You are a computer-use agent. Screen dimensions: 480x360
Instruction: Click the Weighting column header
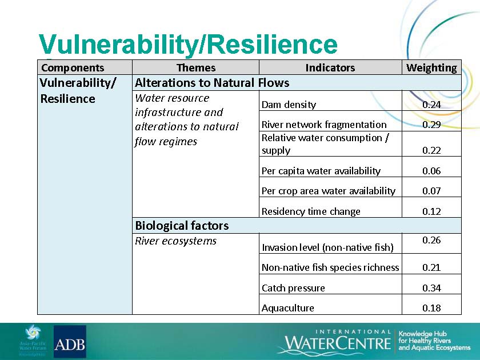(431, 67)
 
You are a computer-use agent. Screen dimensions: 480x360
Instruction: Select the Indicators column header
(330, 67)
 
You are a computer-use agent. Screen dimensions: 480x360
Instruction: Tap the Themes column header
(196, 67)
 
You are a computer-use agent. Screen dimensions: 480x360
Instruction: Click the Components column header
(73, 67)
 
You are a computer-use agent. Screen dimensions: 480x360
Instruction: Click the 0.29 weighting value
(431, 125)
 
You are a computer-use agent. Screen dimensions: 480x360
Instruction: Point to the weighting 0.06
(431, 171)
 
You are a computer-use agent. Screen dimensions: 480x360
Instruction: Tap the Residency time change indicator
(311, 211)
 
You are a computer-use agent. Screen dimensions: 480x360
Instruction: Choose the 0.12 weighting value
(431, 211)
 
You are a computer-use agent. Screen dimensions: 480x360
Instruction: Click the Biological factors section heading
(182, 226)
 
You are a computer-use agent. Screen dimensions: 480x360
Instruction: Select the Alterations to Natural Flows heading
(212, 83)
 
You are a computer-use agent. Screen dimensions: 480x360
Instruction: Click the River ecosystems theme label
(176, 241)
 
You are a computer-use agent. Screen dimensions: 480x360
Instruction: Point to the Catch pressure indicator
(293, 288)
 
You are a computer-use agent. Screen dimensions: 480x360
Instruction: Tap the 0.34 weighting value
(431, 288)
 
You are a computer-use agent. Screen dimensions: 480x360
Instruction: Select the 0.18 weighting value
(431, 308)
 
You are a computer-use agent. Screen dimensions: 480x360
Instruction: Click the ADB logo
(70, 342)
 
